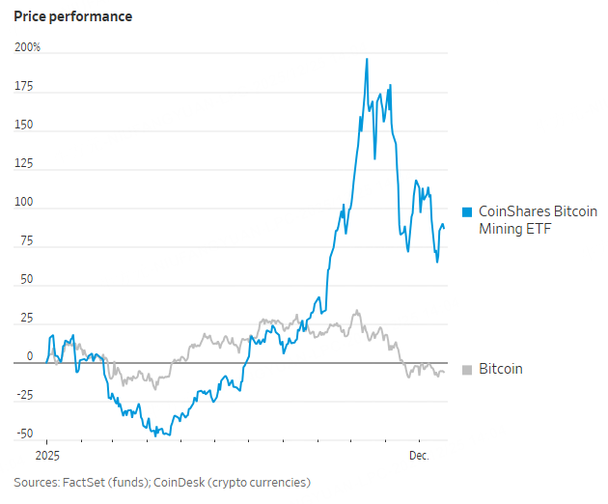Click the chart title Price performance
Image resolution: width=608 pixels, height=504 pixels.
point(73,16)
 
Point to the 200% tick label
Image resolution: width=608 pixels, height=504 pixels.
point(27,47)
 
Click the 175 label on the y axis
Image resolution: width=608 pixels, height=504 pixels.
point(24,87)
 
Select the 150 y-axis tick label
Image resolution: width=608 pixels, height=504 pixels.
point(24,126)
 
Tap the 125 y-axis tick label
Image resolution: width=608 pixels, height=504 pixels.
point(24,164)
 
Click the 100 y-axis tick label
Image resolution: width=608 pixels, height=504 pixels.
point(24,203)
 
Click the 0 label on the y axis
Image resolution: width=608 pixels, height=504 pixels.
point(30,356)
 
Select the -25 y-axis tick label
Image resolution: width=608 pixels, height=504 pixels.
point(24,395)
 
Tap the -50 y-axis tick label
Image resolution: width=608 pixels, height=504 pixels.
point(24,434)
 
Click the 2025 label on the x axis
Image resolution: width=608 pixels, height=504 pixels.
point(46,455)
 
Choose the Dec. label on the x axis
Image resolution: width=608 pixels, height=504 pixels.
point(418,455)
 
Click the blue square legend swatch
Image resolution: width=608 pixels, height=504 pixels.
point(468,212)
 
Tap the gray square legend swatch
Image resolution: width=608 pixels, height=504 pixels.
point(468,370)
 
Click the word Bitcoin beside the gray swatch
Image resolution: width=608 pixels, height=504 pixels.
point(501,369)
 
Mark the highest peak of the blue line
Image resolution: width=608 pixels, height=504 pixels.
point(367,59)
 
